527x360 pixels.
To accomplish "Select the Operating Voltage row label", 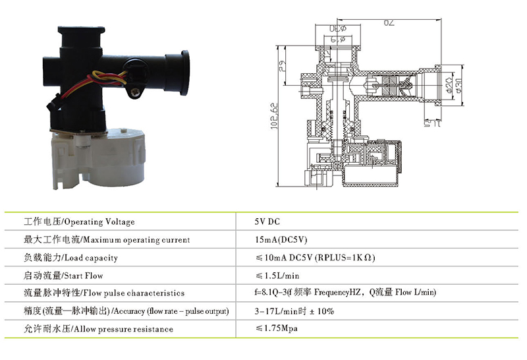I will click(79, 222).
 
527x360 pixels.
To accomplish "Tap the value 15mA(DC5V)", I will click(278, 240).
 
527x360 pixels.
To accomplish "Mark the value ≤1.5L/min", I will click(277, 276).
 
